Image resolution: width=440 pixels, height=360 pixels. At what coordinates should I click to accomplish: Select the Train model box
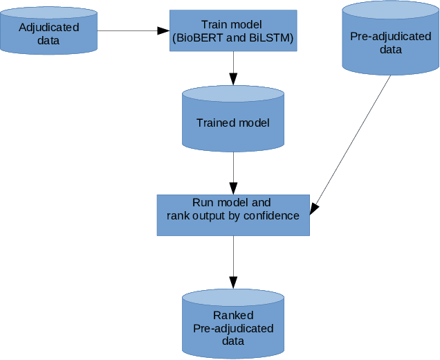(x=233, y=31)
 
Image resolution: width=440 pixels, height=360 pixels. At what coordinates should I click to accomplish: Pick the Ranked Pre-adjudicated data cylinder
(x=233, y=324)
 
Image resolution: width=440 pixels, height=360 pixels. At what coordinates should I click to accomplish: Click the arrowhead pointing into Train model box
(x=164, y=30)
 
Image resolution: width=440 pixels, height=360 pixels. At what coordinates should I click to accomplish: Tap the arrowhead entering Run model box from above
(x=233, y=188)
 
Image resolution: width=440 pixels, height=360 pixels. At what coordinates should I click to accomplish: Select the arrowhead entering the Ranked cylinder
(x=233, y=282)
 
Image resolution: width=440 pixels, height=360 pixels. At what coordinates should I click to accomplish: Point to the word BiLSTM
(x=268, y=38)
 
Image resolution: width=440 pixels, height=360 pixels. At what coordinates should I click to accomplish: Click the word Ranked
(x=233, y=315)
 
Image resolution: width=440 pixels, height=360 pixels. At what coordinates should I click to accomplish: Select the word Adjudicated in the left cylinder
(x=48, y=28)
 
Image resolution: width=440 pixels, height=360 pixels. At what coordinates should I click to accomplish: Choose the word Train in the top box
(x=215, y=25)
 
